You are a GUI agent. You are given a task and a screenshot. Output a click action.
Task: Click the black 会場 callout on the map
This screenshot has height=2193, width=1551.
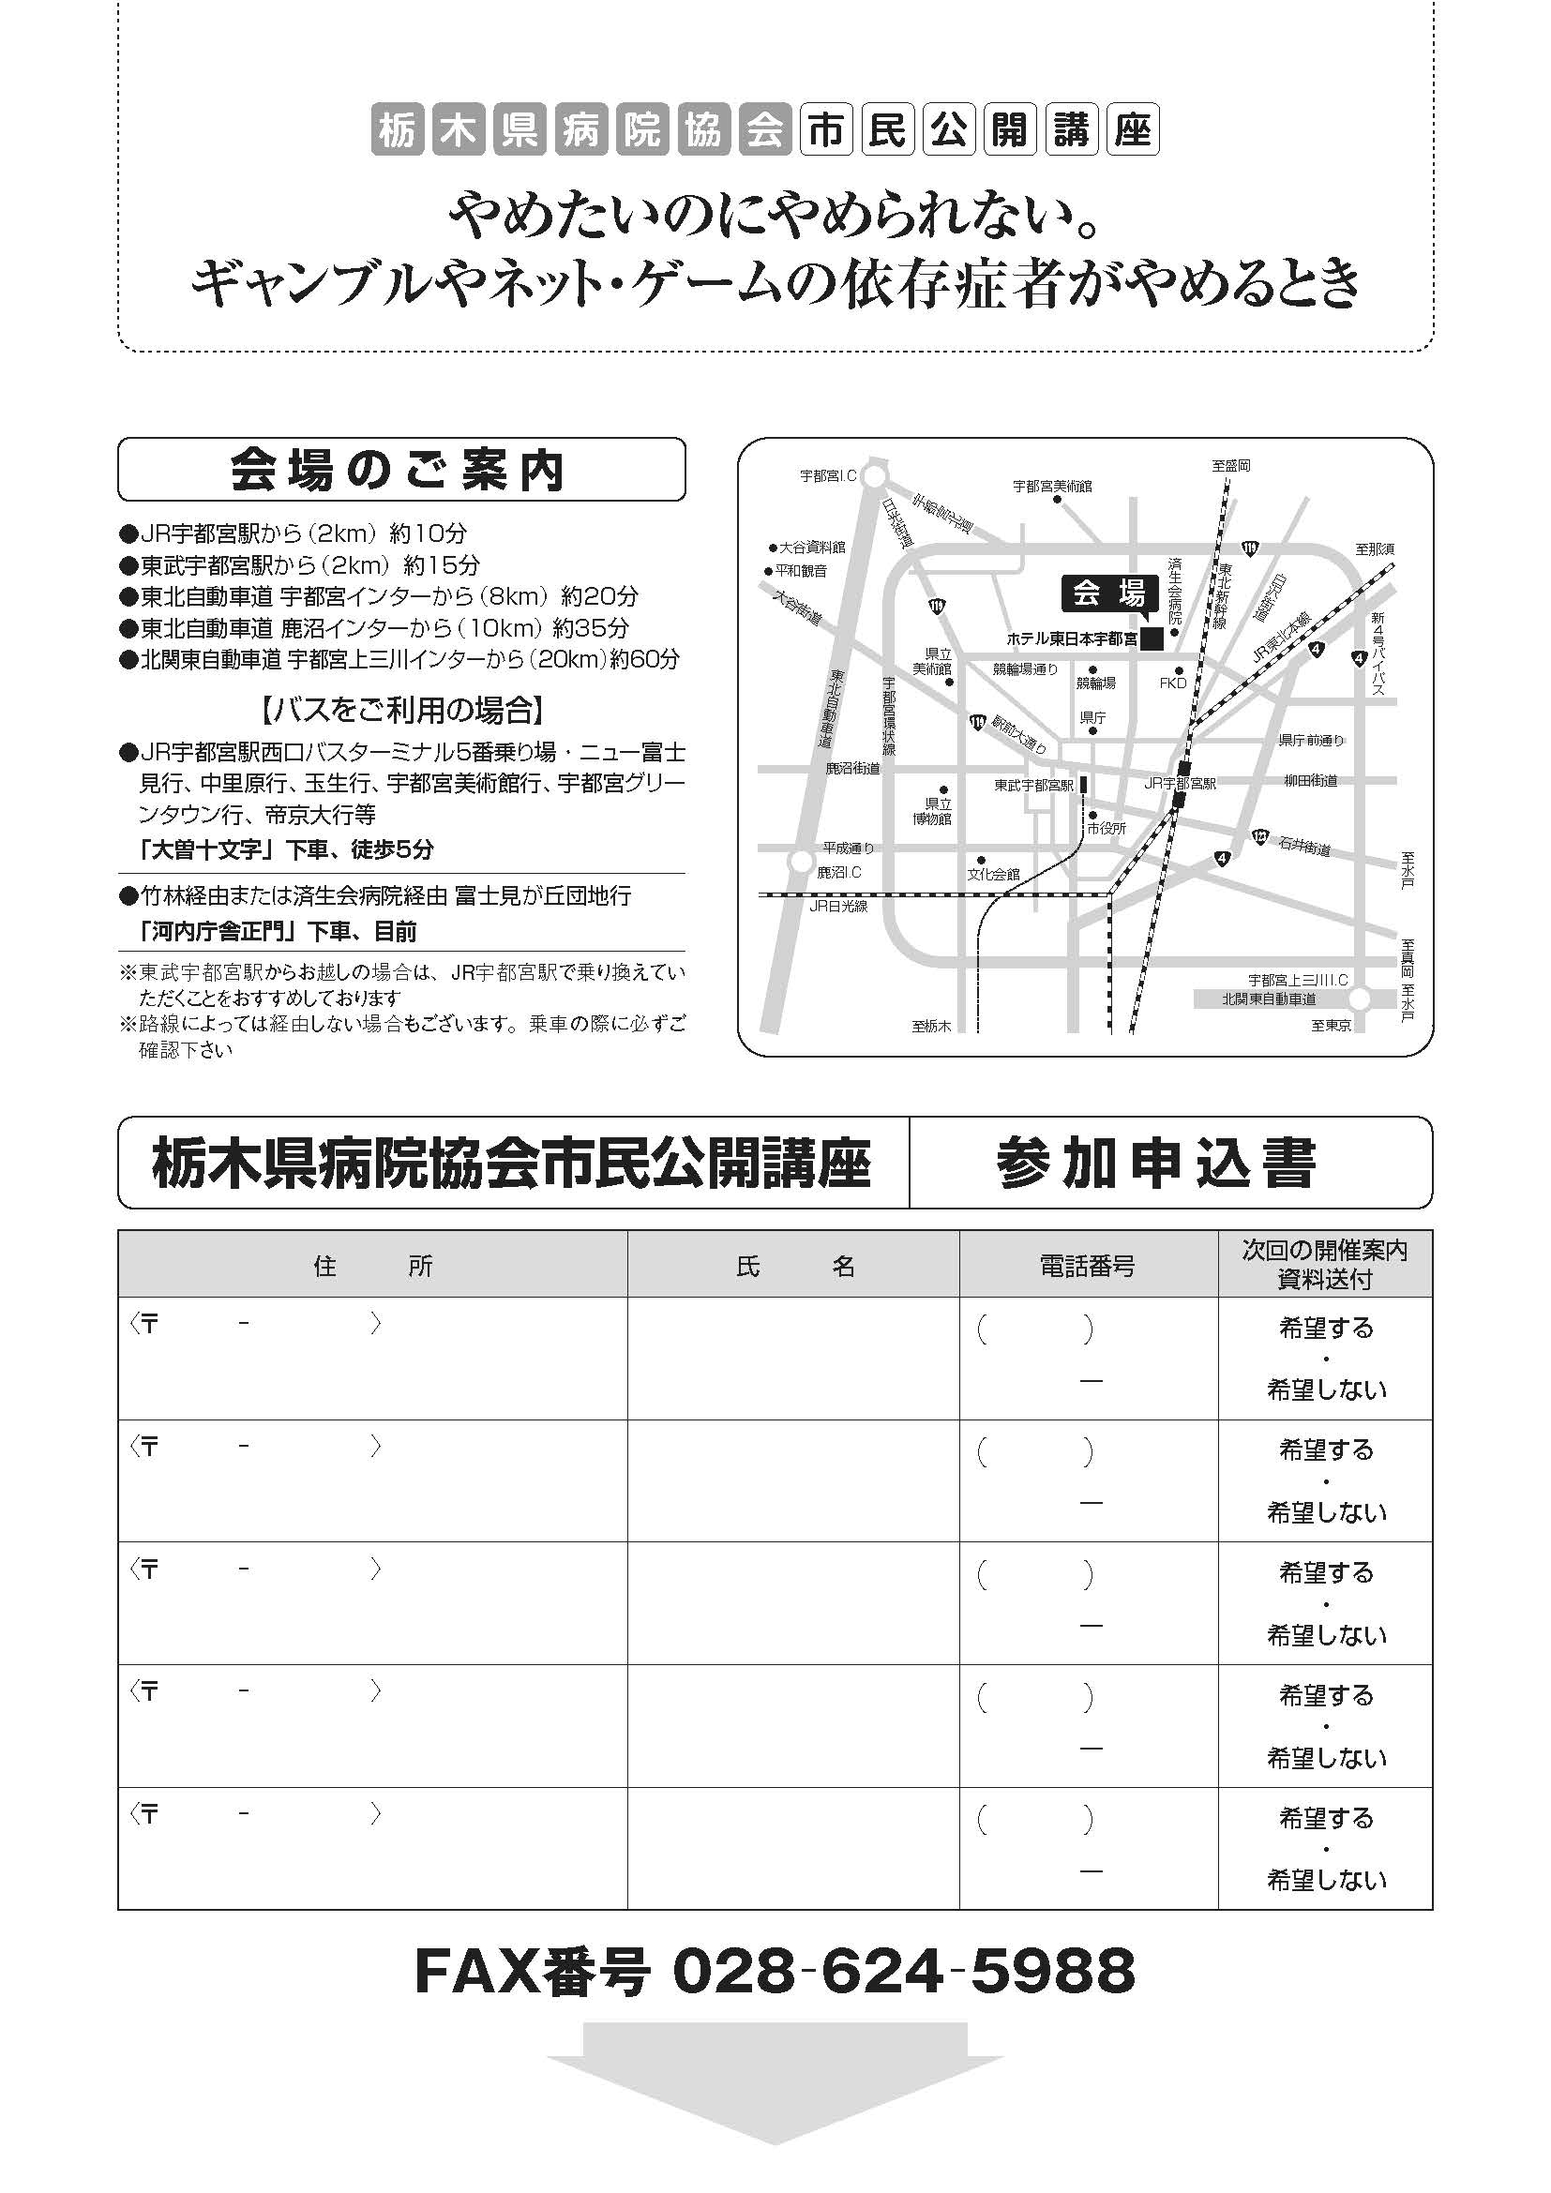[x=1108, y=594]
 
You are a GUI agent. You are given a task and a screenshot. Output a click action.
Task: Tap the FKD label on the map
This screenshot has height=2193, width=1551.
[x=1172, y=683]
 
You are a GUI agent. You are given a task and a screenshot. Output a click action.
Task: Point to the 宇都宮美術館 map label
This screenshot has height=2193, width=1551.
[x=1051, y=487]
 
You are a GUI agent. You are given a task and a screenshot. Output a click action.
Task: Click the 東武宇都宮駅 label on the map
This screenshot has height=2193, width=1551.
[x=1033, y=785]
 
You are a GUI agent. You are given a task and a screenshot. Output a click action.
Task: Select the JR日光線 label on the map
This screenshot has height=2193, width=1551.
[x=837, y=906]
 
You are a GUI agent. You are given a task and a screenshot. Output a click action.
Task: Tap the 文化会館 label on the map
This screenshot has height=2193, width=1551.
[x=993, y=874]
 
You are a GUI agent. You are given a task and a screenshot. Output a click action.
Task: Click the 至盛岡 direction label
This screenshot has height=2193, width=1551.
[x=1231, y=466]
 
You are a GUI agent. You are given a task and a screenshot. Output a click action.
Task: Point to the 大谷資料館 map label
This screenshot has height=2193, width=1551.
[x=812, y=548]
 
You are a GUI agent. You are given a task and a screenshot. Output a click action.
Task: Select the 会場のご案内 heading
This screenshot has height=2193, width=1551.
[x=400, y=470]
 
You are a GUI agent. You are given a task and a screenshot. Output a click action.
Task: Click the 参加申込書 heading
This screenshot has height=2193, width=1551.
[x=1155, y=1163]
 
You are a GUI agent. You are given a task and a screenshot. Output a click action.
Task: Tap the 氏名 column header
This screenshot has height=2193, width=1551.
[x=793, y=1267]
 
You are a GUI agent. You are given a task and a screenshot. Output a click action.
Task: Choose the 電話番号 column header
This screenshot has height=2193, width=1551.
[x=1088, y=1267]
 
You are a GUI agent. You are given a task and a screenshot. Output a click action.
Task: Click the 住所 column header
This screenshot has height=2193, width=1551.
[x=372, y=1267]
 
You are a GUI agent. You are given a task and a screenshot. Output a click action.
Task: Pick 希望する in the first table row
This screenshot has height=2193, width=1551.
[x=1326, y=1328]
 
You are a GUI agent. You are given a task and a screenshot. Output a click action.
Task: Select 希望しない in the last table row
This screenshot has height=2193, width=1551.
[x=1326, y=1881]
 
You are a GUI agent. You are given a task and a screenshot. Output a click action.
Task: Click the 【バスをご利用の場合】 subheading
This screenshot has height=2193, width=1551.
[x=402, y=710]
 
